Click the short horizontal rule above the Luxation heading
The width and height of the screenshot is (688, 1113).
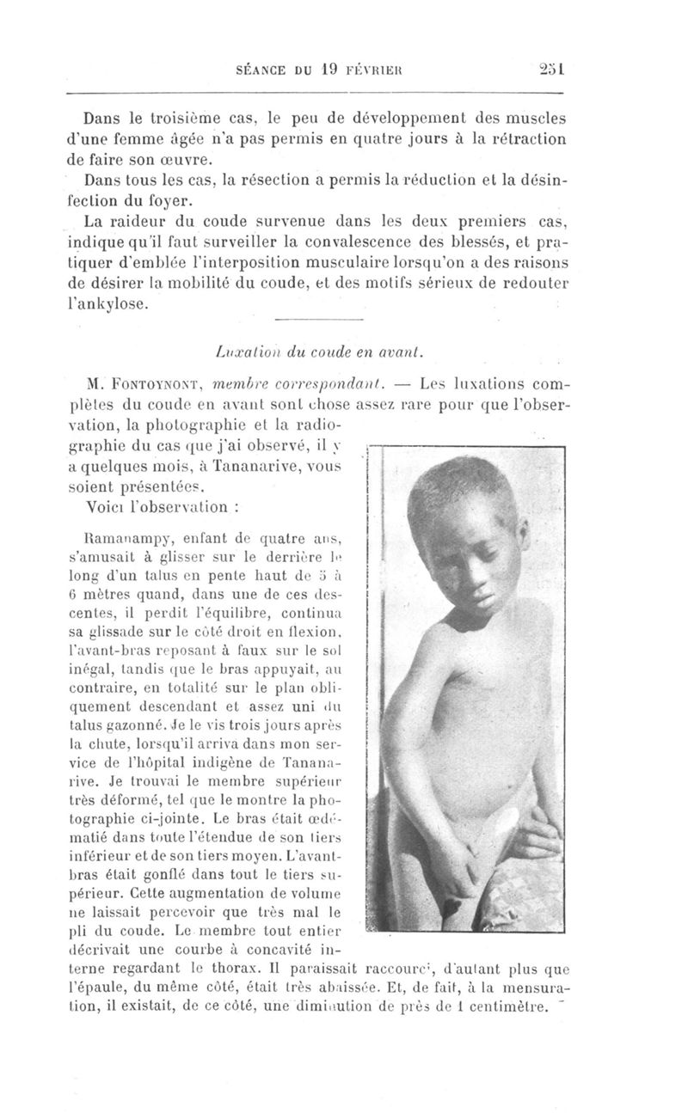pos(318,321)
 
